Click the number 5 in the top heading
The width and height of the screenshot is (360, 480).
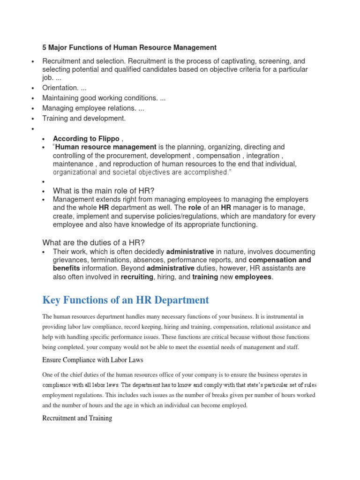[45, 47]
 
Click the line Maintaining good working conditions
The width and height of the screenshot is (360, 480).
[104, 98]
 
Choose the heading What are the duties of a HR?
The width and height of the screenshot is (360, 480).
[94, 242]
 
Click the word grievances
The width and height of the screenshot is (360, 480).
[71, 260]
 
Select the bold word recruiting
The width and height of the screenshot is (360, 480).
[137, 277]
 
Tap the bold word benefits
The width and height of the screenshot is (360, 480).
[66, 269]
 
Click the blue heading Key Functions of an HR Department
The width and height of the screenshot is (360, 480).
[126, 300]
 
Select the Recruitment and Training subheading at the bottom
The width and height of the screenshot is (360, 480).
[77, 418]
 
